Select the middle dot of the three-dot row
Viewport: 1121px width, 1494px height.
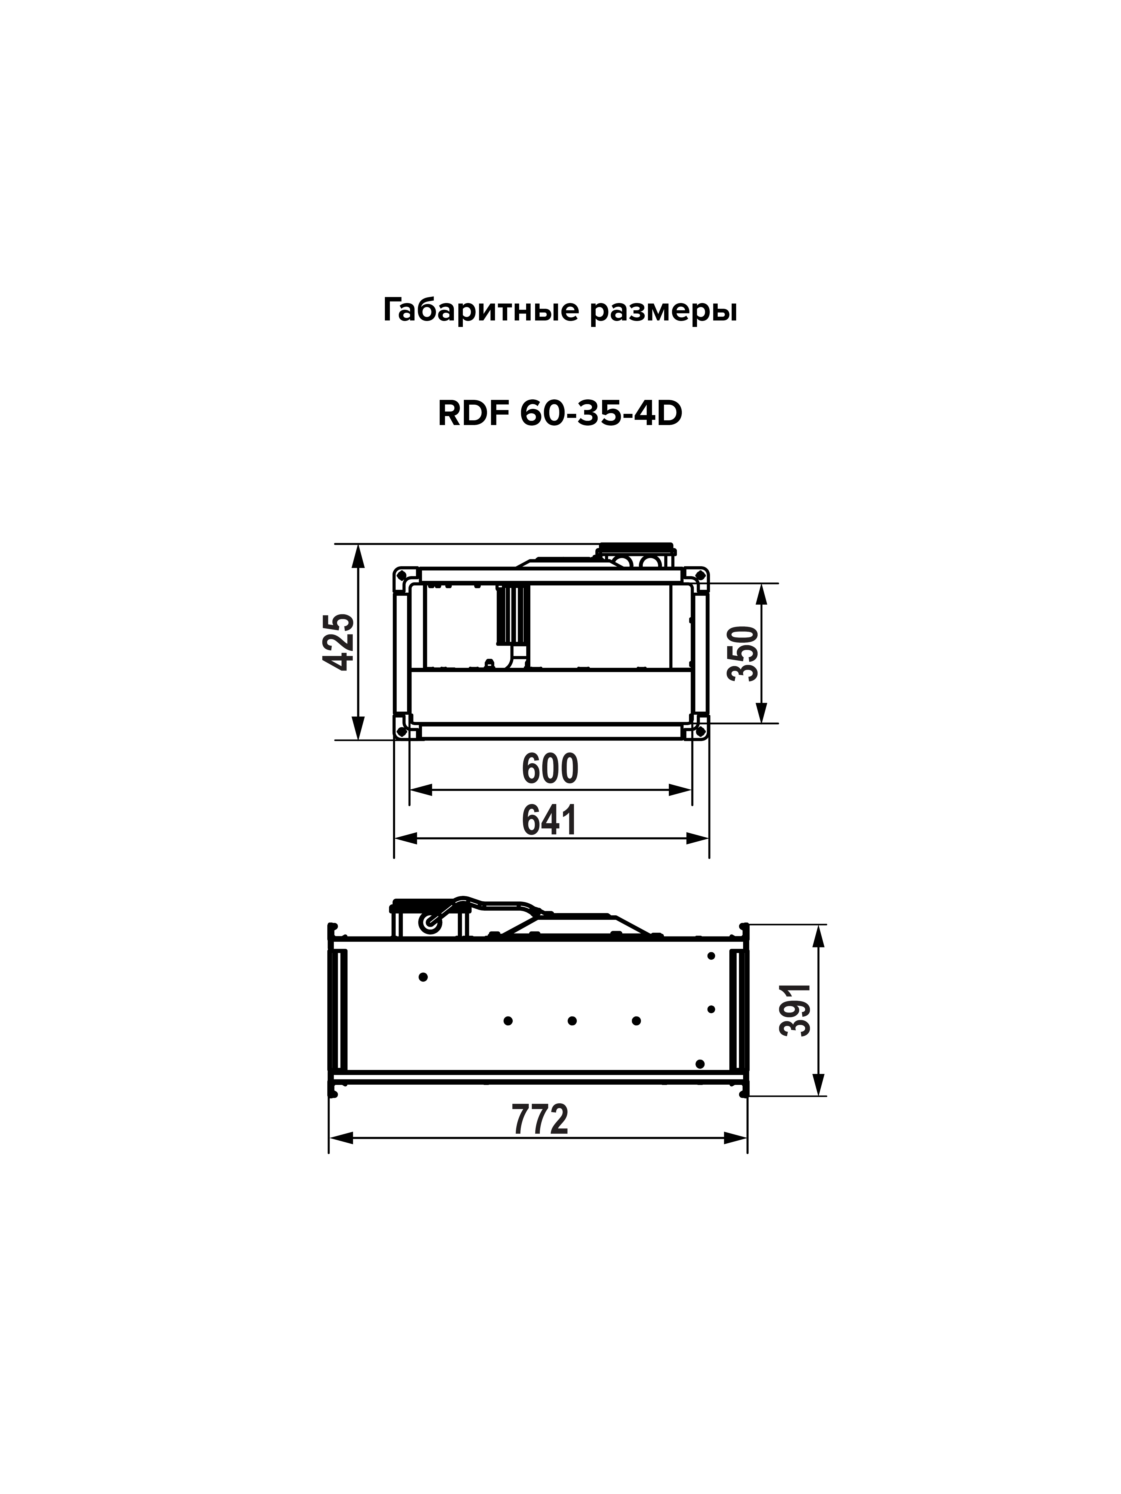(572, 1021)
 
